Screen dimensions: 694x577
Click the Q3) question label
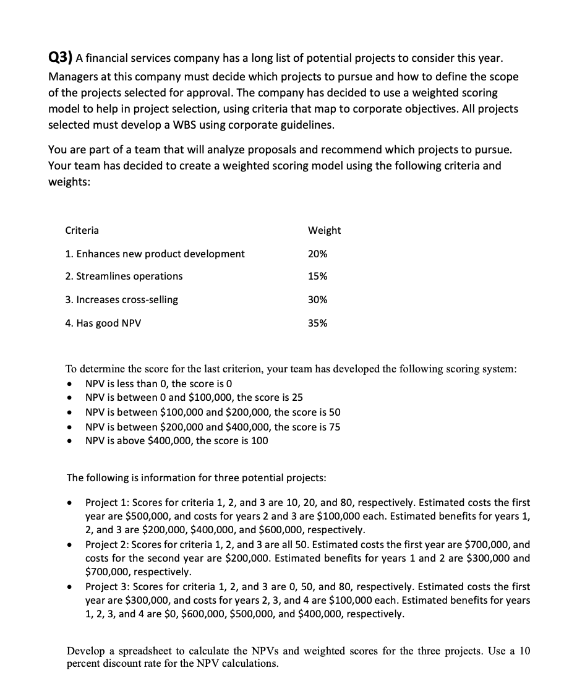coord(61,58)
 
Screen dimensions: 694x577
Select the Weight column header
coord(324,230)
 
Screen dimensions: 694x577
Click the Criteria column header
coord(82,230)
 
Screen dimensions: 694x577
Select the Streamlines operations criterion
coord(124,276)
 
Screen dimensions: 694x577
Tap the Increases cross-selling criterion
coord(121,299)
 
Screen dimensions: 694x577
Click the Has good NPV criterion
coord(103,323)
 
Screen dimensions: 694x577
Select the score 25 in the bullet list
coord(297,398)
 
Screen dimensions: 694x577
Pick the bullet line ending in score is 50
coord(213,412)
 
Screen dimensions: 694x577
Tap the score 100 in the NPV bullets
coord(259,440)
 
